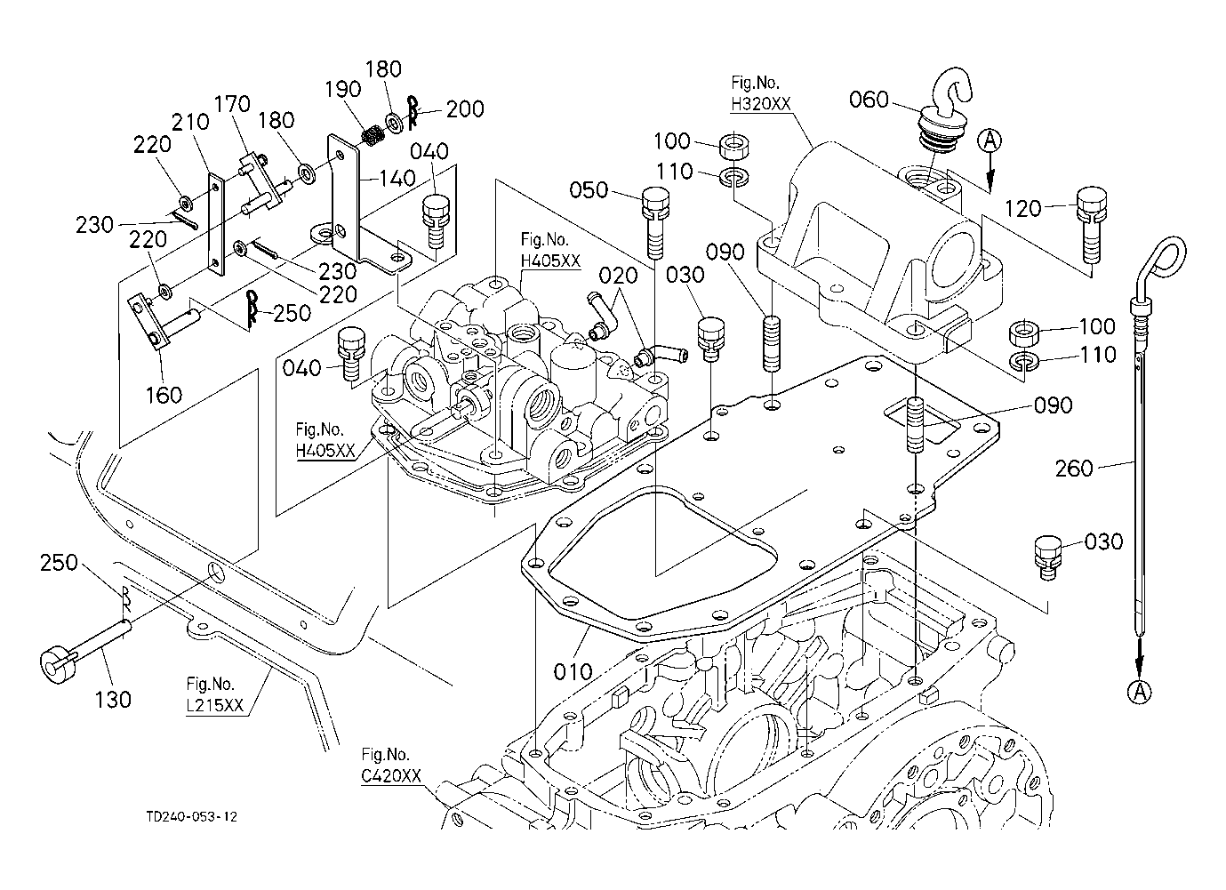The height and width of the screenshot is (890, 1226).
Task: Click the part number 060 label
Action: pyautogui.click(x=869, y=100)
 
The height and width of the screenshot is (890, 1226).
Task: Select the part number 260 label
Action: pyautogui.click(x=1074, y=467)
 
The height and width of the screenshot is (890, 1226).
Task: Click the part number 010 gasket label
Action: pyautogui.click(x=573, y=670)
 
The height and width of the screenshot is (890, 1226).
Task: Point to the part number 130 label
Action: pyautogui.click(x=112, y=699)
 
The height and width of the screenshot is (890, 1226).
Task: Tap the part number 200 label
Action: pyautogui.click(x=465, y=109)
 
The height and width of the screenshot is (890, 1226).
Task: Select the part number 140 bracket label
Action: pyautogui.click(x=397, y=179)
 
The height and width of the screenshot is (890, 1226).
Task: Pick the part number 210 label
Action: pyautogui.click(x=190, y=122)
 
